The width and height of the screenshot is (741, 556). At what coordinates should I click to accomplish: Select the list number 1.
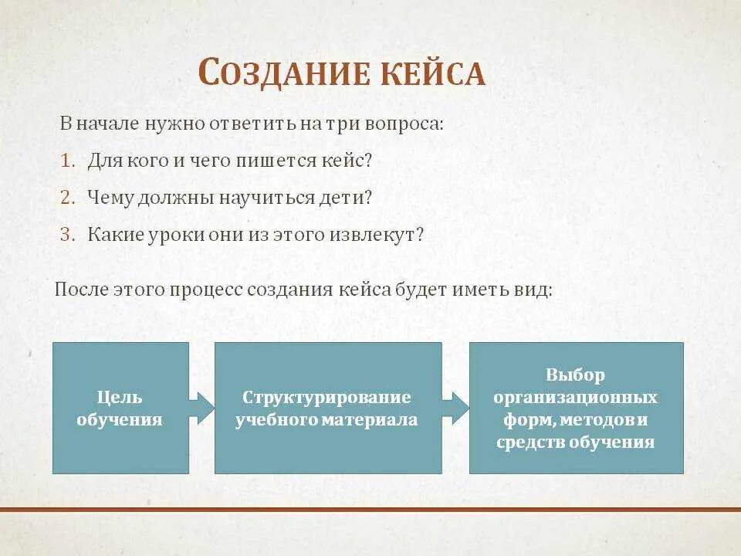[67, 161]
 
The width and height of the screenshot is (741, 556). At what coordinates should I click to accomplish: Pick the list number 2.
[68, 198]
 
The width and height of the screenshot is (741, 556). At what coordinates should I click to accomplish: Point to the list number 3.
[68, 234]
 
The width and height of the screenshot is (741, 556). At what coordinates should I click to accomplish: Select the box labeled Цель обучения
[120, 408]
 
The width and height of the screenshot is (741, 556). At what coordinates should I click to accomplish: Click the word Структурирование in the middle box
[327, 397]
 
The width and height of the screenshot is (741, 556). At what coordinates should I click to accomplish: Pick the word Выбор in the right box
[575, 375]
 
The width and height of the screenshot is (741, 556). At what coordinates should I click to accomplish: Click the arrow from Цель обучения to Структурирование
[201, 408]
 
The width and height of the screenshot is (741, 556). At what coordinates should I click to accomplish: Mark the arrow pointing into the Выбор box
[456, 408]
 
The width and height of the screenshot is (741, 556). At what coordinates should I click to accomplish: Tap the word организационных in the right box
[576, 398]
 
